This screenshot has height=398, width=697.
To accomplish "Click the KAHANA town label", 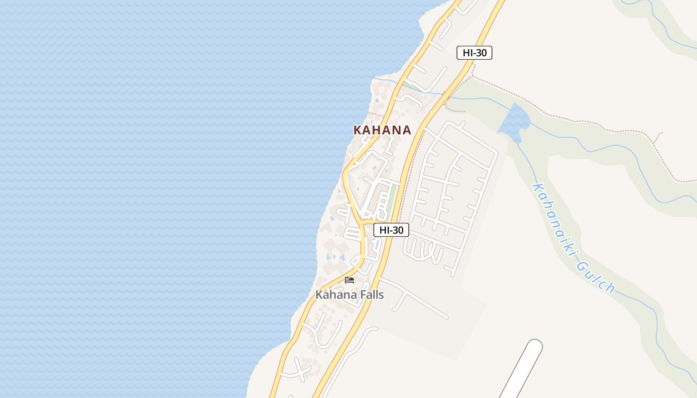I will click(x=382, y=130).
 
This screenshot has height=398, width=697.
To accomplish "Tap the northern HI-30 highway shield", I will click(x=474, y=53).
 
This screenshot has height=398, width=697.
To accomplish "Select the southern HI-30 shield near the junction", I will click(x=391, y=230).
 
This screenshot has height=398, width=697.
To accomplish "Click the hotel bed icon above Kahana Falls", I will click(x=349, y=280).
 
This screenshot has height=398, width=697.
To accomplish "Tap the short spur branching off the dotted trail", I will click(x=658, y=138).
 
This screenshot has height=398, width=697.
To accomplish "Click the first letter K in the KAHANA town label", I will click(x=357, y=130).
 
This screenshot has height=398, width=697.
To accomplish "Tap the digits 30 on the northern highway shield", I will click(x=480, y=53).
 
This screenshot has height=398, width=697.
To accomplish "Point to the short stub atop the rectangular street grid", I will click(x=463, y=123).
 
